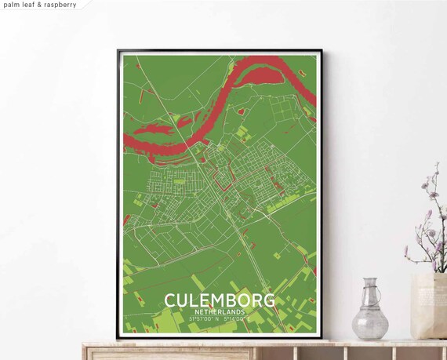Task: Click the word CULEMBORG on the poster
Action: (220, 301)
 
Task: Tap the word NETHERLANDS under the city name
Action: (220, 312)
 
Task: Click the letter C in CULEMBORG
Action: (170, 301)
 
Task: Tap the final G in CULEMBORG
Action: (269, 301)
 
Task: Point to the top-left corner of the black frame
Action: (118, 51)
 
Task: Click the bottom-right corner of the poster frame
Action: (320, 338)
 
